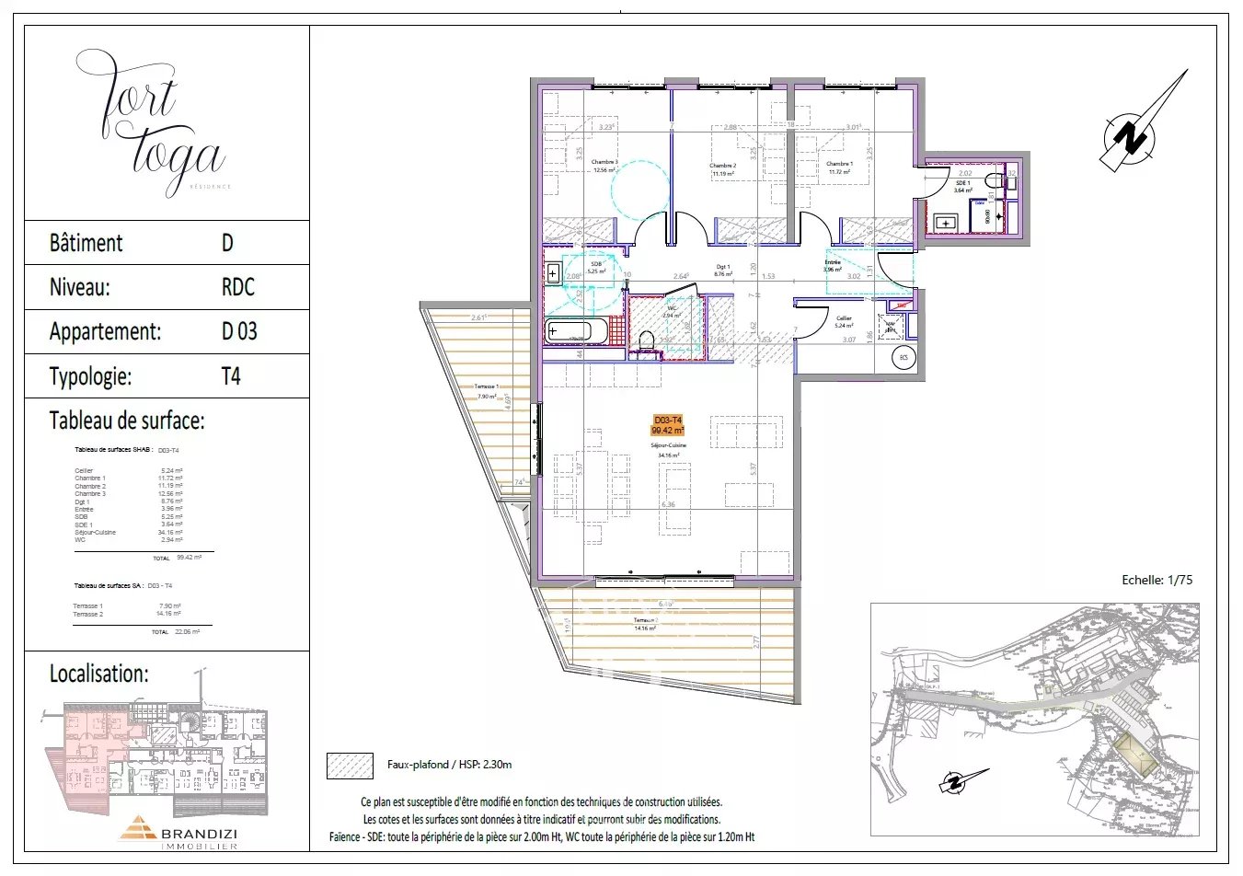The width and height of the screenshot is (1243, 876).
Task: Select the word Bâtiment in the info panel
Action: pyautogui.click(x=86, y=243)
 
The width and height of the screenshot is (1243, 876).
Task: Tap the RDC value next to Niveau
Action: pyautogui.click(x=237, y=287)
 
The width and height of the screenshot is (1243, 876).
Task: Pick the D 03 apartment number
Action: pyautogui.click(x=239, y=331)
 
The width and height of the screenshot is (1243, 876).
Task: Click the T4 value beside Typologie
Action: pyautogui.click(x=231, y=376)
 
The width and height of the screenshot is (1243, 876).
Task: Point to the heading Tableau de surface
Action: pyautogui.click(x=127, y=421)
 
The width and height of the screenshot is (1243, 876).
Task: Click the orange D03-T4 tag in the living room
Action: pyautogui.click(x=668, y=425)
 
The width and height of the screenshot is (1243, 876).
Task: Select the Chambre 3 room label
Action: pyautogui.click(x=604, y=163)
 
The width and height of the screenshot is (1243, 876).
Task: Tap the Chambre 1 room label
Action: pyautogui.click(x=838, y=165)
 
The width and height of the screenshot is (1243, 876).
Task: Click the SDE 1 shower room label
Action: pyautogui.click(x=962, y=184)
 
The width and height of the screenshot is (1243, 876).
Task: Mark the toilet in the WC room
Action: pyautogui.click(x=646, y=342)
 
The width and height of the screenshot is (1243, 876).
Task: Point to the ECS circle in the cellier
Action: pyautogui.click(x=903, y=358)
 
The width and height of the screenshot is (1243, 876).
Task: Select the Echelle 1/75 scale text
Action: pyautogui.click(x=1157, y=580)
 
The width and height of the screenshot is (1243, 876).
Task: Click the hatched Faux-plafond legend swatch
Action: pyautogui.click(x=350, y=766)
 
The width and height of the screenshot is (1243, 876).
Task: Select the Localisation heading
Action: pyautogui.click(x=98, y=674)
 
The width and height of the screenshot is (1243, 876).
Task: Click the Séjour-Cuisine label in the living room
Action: pyautogui.click(x=668, y=445)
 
